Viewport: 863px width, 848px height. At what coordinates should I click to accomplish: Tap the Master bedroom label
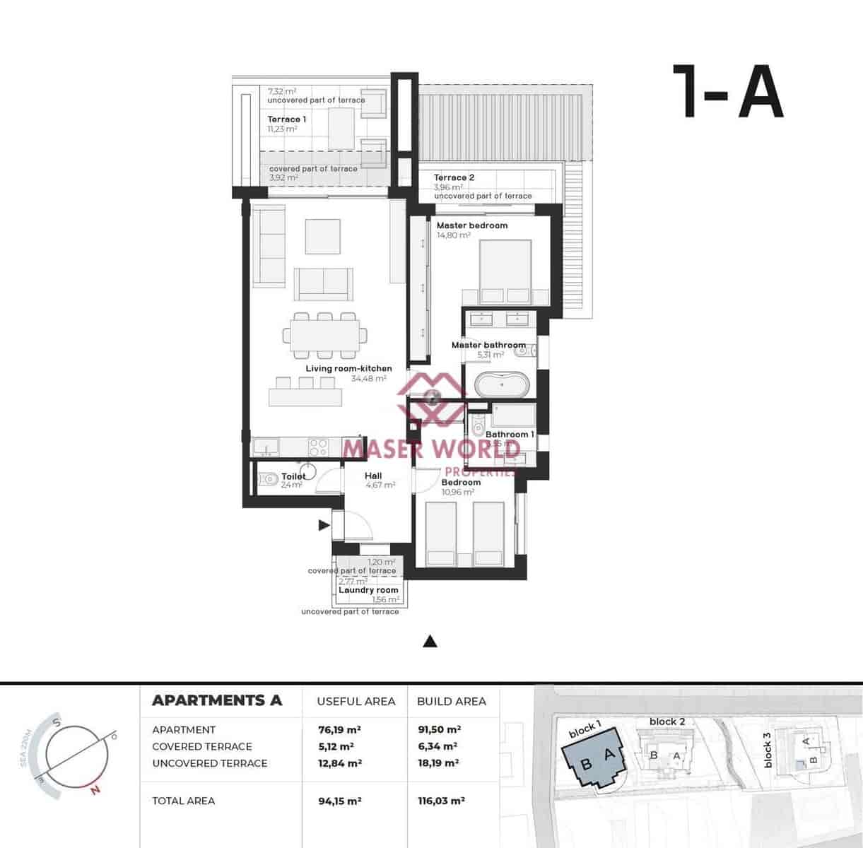[x=471, y=225]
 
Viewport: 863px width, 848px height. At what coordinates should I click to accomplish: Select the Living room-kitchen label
[x=348, y=368]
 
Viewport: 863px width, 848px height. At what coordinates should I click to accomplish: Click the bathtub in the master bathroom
[x=500, y=386]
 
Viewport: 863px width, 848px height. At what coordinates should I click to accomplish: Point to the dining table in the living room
[x=325, y=334]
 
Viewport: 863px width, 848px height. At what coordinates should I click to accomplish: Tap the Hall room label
[x=373, y=476]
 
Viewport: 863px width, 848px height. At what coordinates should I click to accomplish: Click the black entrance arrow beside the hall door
[x=324, y=525]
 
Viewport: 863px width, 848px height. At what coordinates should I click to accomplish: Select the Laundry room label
[x=368, y=590]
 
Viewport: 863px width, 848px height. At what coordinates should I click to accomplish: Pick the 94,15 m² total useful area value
[x=340, y=801]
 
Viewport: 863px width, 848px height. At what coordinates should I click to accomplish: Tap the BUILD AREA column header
[x=452, y=701]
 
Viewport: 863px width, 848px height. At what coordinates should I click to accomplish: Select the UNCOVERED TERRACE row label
[x=209, y=763]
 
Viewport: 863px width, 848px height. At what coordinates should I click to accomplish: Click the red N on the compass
[x=95, y=790]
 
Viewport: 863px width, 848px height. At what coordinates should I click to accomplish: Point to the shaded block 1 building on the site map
[x=594, y=762]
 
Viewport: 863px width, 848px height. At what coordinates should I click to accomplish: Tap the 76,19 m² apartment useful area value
[x=340, y=729]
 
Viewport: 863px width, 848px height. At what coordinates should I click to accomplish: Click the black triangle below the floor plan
[x=430, y=642]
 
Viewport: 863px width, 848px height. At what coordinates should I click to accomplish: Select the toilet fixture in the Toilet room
[x=267, y=480]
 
